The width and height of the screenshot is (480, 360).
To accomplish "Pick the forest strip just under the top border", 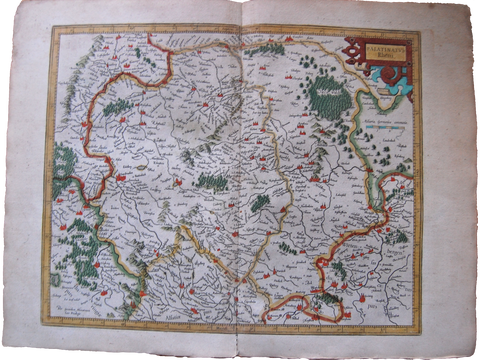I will coord(265,48).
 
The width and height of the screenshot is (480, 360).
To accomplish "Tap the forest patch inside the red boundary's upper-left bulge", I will coord(117,106).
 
